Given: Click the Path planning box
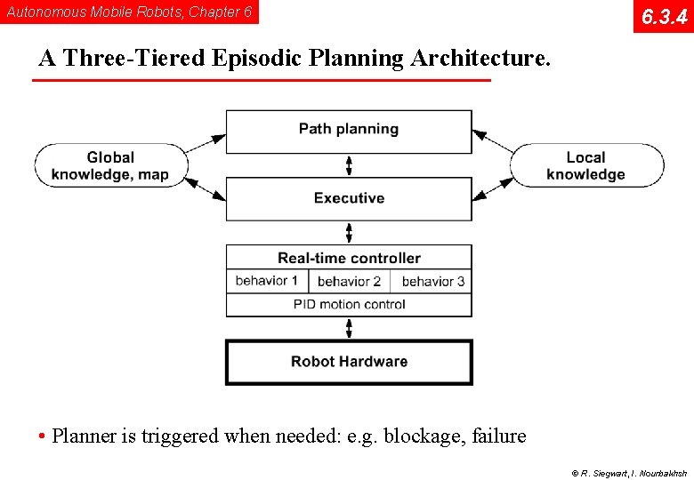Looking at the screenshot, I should (x=349, y=131).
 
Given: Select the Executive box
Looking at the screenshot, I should (x=349, y=198).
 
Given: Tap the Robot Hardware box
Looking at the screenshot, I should (x=349, y=362).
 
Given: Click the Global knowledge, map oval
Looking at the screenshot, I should (x=111, y=166).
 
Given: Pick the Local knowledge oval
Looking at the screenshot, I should (x=586, y=166).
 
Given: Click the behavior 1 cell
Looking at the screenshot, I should (x=267, y=281).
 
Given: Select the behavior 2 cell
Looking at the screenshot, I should (x=349, y=282).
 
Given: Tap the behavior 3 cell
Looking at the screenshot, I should (x=432, y=282).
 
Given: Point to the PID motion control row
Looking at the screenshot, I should (x=349, y=305).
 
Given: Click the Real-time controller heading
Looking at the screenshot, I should (x=349, y=258).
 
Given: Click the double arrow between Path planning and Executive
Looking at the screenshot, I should (x=349, y=165).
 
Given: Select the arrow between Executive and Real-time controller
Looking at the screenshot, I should (x=349, y=233).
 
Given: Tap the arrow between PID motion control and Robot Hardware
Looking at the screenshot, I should (x=349, y=328).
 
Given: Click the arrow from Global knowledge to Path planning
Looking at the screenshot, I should (x=206, y=144).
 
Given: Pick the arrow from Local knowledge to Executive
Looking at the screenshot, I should (x=493, y=188).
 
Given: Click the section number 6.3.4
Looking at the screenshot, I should (x=664, y=17).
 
